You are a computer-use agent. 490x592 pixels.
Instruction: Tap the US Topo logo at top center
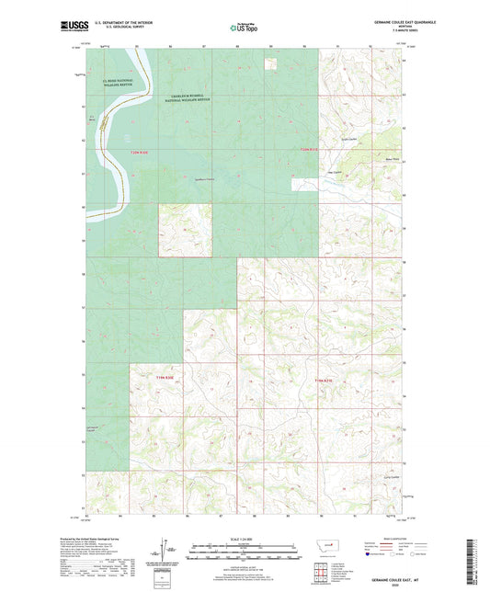click(245, 28)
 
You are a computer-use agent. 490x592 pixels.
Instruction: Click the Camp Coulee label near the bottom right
click(363, 477)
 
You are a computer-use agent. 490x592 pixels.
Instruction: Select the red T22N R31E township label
click(307, 149)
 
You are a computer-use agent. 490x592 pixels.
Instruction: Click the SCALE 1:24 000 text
click(245, 538)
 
